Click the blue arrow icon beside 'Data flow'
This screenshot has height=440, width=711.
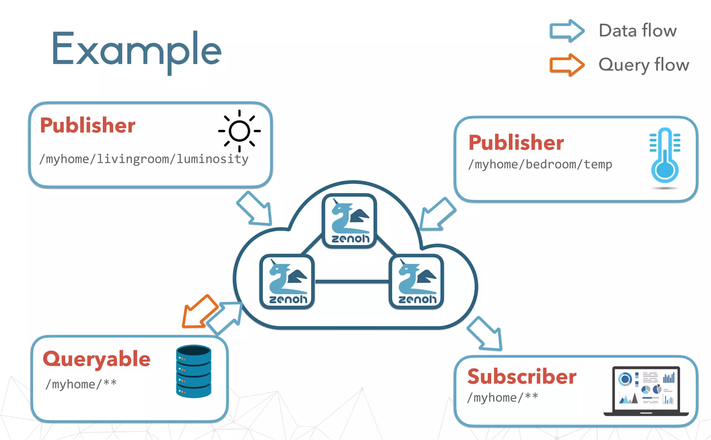(567, 31)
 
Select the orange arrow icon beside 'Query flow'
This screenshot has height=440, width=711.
(567, 65)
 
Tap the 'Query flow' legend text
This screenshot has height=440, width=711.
(644, 65)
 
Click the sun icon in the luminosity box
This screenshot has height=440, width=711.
(239, 131)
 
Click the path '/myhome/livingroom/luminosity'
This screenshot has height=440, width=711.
(144, 159)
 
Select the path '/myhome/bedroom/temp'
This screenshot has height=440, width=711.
(540, 164)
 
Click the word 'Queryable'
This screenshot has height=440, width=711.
(97, 359)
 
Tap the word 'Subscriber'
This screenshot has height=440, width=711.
(521, 377)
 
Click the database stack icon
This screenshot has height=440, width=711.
(193, 371)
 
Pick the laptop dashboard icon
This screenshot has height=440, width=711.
(646, 391)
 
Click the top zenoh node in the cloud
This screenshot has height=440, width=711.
(349, 221)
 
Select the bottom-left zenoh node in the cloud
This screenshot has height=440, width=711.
(287, 282)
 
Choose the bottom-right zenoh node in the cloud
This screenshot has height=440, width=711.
(416, 282)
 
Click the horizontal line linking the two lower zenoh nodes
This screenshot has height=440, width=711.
(351, 282)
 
